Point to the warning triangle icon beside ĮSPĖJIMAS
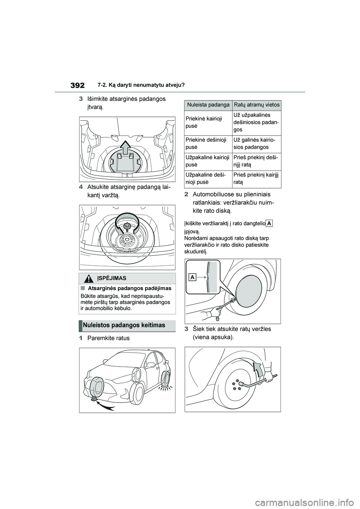tap(88, 278)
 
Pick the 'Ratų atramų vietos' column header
tap(257, 105)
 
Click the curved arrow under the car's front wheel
tap(107, 407)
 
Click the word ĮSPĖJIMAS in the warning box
tap(112, 278)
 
